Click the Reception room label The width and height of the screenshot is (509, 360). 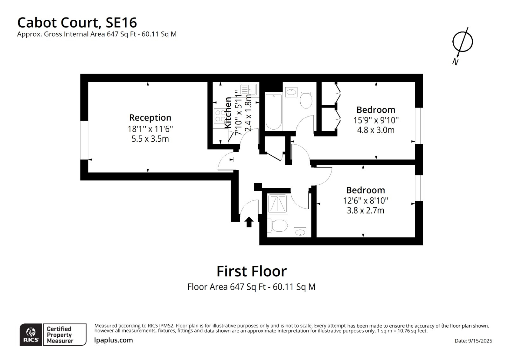[150, 117]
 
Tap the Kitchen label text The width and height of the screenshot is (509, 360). [228, 113]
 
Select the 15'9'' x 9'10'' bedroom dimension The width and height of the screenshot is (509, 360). [376, 120]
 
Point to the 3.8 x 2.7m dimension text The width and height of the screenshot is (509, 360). [366, 210]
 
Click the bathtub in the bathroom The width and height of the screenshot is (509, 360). [274, 111]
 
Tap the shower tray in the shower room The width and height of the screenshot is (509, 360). [278, 204]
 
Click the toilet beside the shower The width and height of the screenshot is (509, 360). [278, 226]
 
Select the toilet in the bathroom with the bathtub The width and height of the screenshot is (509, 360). [306, 100]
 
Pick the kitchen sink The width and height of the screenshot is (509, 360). [248, 89]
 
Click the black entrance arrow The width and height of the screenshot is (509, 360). [249, 222]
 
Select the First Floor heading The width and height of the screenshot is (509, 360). [252, 271]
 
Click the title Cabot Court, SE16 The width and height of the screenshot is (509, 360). [77, 23]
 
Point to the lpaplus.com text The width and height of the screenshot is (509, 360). [113, 340]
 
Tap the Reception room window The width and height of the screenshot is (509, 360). [84, 140]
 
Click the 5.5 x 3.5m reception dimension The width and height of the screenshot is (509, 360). [150, 139]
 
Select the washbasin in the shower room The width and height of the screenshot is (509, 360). [300, 232]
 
